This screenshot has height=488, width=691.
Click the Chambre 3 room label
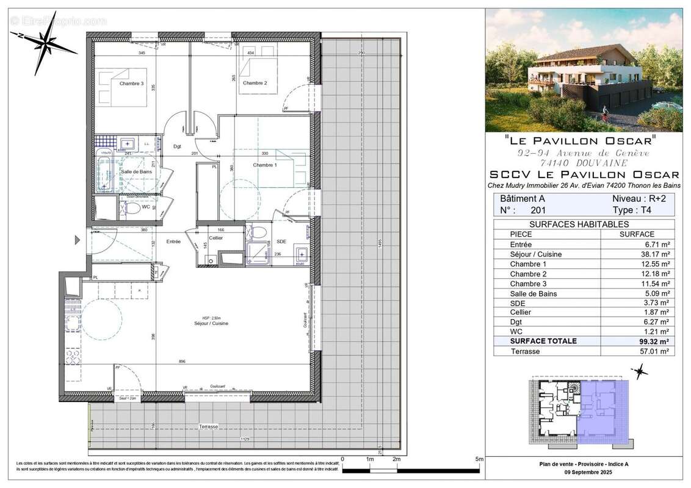pos(131,84)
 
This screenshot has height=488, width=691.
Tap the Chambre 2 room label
pos(256,82)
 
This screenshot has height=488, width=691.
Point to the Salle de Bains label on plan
pos(136,173)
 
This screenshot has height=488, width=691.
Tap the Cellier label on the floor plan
pos(215,238)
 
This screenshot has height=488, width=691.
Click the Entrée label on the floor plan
pos(174,242)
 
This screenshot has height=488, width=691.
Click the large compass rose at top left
pos(43,43)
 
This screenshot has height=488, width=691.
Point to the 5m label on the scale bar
pos(479,459)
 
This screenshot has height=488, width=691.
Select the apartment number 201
pos(538,210)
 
